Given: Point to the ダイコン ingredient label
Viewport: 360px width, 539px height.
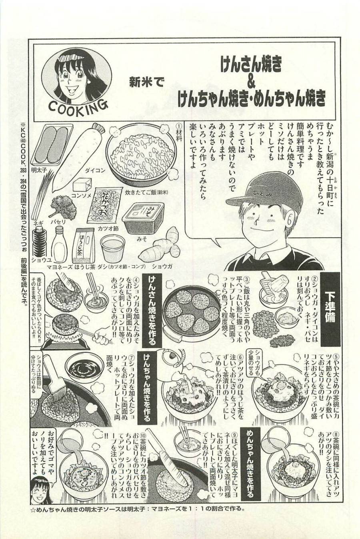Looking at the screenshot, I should click(x=95, y=170).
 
